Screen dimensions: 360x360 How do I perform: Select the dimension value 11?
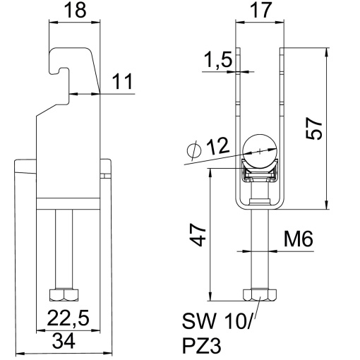pyautogui.click(x=121, y=83)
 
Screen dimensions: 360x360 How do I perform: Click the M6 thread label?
pyautogui.click(x=299, y=240)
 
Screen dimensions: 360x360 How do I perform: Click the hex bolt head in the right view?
pyautogui.click(x=258, y=294)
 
